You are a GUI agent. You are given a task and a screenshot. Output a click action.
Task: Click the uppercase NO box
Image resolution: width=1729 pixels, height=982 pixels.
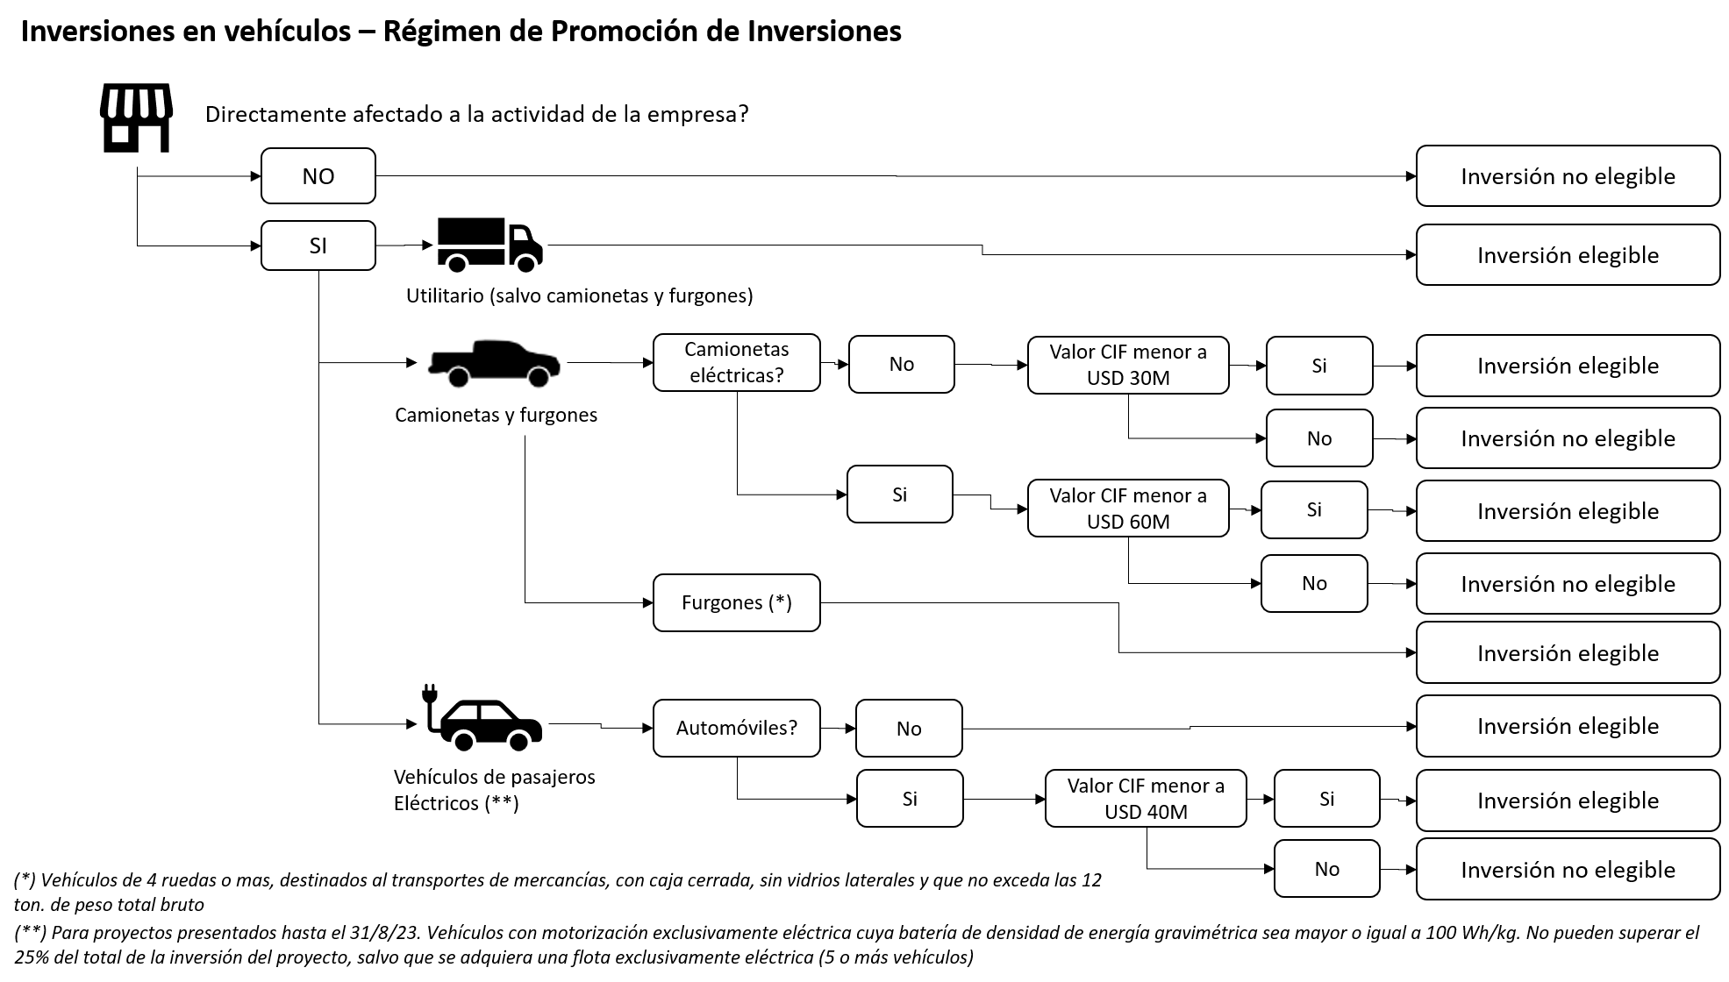click(318, 176)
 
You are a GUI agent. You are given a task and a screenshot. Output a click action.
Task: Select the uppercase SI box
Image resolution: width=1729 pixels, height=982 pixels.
click(318, 245)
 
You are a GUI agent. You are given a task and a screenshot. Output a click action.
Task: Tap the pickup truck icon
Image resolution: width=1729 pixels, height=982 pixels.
click(491, 362)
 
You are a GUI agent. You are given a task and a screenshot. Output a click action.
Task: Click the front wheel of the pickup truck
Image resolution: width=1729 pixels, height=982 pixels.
click(538, 377)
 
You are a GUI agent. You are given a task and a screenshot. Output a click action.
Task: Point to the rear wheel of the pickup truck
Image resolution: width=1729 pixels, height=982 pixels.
click(458, 377)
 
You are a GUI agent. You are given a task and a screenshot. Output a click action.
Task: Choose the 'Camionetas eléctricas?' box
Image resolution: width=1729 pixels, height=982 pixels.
click(736, 362)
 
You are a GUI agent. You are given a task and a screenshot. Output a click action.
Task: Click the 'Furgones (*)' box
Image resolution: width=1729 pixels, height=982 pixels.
click(736, 602)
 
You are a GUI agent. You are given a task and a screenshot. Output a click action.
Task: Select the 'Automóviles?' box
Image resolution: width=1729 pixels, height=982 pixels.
click(736, 728)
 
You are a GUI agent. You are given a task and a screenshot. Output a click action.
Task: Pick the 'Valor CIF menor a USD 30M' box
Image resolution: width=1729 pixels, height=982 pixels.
click(1127, 365)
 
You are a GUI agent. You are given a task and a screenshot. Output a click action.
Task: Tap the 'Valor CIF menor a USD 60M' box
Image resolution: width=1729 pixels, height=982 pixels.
click(1127, 509)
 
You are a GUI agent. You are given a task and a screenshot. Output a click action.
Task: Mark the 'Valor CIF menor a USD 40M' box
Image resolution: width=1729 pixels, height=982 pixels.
click(1145, 799)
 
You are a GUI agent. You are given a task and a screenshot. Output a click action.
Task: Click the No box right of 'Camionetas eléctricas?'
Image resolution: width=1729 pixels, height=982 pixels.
click(901, 364)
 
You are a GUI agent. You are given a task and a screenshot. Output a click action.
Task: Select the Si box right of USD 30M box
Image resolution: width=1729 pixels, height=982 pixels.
click(1318, 366)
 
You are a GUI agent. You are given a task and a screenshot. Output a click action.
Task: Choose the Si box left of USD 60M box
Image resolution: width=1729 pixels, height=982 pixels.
click(899, 495)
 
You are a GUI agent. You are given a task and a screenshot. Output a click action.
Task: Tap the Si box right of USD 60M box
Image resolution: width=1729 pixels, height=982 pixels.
click(1313, 509)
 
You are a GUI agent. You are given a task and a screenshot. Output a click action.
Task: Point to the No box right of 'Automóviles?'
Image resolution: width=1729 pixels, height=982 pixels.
click(908, 729)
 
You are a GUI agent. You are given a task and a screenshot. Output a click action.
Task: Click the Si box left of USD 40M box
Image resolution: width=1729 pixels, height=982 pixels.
click(909, 799)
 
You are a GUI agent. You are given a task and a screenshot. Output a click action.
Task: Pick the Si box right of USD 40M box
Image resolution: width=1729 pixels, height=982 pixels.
click(1326, 799)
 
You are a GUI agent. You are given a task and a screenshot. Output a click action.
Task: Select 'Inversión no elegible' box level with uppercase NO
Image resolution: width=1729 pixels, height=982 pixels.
click(1568, 176)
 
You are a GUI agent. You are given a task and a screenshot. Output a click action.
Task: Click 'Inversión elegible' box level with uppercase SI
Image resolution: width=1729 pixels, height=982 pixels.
click(1568, 255)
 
